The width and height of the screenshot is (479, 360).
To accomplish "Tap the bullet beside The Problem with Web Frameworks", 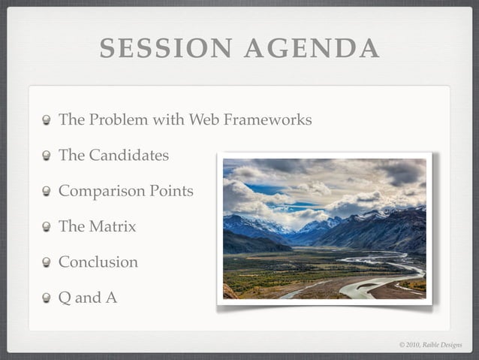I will click(x=47, y=120).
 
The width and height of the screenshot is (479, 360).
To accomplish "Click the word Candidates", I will click(x=128, y=156).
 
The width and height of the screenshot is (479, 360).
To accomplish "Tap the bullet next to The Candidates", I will click(x=47, y=156).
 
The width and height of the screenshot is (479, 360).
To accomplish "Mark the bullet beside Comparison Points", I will click(x=47, y=192).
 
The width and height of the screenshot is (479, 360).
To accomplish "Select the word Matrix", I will click(x=113, y=226).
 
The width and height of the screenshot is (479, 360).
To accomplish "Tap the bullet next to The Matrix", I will click(x=47, y=227).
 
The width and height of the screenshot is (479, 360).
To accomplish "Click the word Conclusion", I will click(x=98, y=262).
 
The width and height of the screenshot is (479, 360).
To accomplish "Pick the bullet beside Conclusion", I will click(x=47, y=263).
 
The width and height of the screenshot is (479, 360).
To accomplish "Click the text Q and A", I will click(x=88, y=298).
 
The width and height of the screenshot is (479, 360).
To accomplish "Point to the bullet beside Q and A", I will click(x=47, y=298).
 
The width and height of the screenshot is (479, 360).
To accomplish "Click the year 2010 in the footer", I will click(x=414, y=345).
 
